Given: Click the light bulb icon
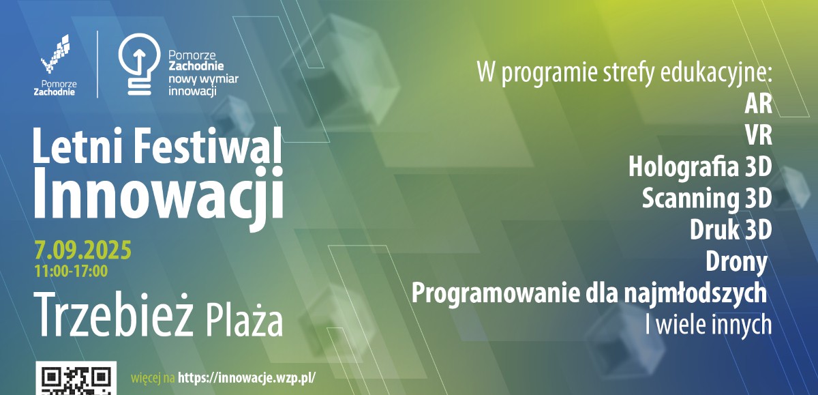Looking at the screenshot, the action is coord(139,65).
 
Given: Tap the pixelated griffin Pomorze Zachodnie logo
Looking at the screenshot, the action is coord(55,54).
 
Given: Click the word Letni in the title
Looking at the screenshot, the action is coord(77,145).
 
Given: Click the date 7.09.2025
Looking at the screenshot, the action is coord(83,250).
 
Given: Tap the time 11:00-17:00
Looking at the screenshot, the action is coord(71,272).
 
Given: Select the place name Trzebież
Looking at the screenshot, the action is coord(113,314).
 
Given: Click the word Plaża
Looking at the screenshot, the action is coord(245,321).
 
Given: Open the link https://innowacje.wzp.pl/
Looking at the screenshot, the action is coord(247,378).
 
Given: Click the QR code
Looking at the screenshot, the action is coord(76,379).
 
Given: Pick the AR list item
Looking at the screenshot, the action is coord(758,104).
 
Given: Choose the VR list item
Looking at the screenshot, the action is coord(759,136).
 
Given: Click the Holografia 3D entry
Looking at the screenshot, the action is coord(700,167).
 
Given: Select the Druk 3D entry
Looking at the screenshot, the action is coord(731,230).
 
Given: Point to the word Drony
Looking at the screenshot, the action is coord(736,263).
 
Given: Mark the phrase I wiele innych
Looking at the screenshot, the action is coord(708,325).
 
